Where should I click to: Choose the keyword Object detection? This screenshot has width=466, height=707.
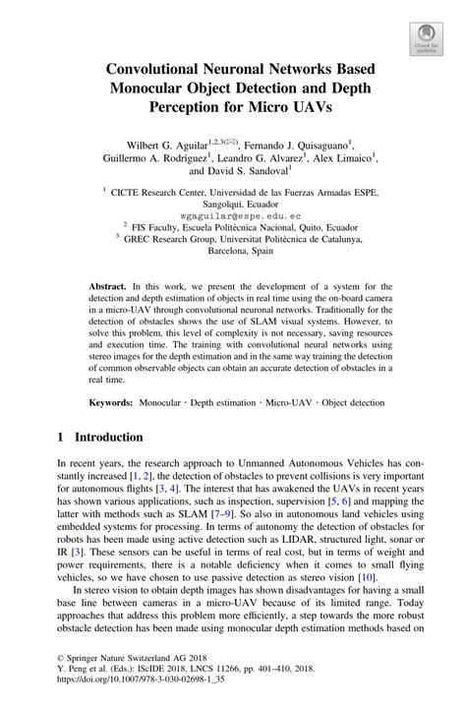[345, 403]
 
